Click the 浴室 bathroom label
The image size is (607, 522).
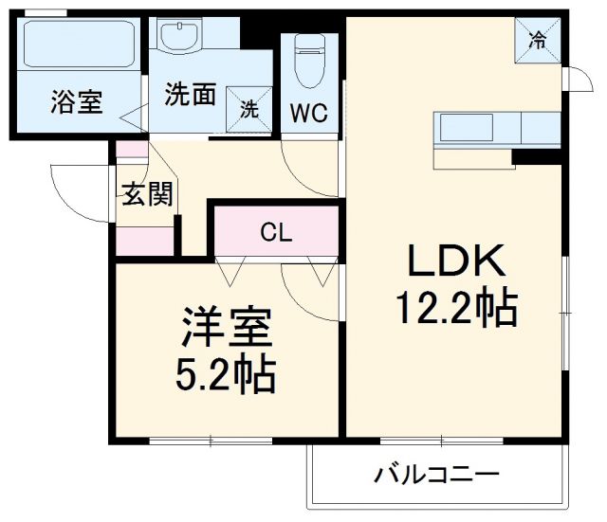(x=76, y=101)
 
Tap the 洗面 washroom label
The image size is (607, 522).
(x=191, y=95)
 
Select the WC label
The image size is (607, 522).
(x=309, y=115)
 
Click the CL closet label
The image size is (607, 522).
(x=276, y=231)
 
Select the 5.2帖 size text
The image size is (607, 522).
(x=228, y=376)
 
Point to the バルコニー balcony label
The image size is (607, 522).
(x=436, y=473)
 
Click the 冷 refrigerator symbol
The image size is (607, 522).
(x=537, y=39)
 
